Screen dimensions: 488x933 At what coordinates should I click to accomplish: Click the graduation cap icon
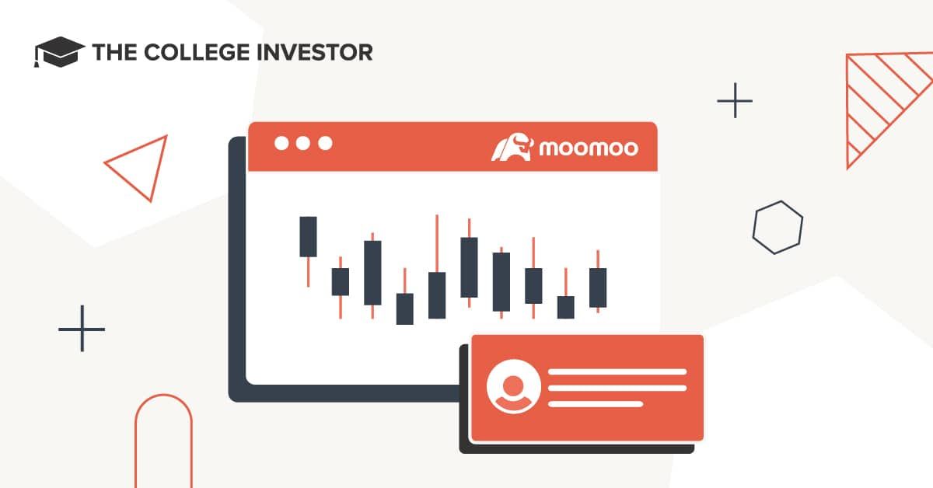coord(59,52)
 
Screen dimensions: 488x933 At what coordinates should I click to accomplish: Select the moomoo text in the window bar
coord(588,147)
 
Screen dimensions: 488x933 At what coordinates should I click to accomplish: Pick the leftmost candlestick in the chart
coord(309,237)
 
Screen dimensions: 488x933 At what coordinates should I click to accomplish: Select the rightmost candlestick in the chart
coord(598,287)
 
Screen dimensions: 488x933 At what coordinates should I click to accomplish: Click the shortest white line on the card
coord(596,404)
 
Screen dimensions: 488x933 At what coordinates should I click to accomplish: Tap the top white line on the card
coord(617,371)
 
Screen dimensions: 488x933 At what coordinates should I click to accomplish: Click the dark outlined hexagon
coord(777,227)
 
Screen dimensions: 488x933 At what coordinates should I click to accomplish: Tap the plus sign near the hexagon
coord(735,101)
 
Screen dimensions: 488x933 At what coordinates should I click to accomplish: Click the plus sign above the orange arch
coord(82,328)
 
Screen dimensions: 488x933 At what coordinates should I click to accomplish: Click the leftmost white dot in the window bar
coord(281,143)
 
